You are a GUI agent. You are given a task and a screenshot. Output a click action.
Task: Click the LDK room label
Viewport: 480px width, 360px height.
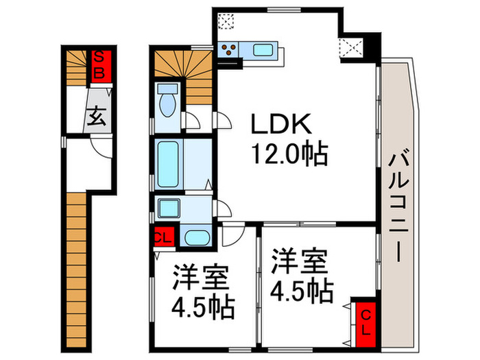point(281,125)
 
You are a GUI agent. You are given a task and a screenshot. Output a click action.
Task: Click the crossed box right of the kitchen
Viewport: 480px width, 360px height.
point(353,49)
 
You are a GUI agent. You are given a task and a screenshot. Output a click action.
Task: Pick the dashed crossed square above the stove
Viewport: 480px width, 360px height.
point(226,21)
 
